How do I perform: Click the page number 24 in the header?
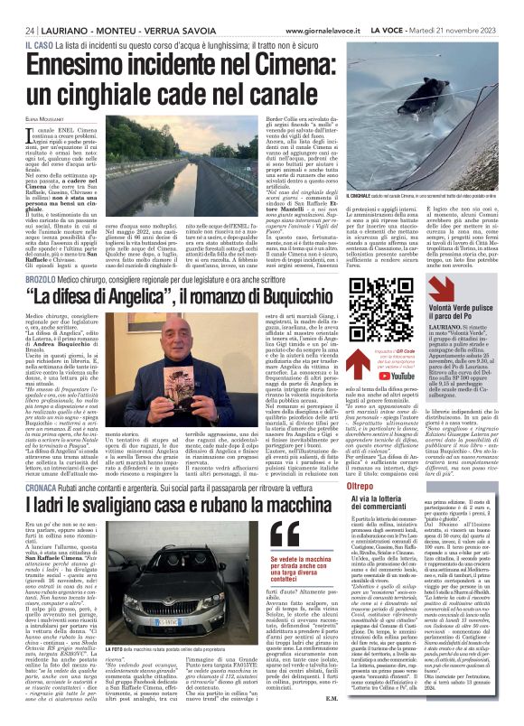tap(17, 7)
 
